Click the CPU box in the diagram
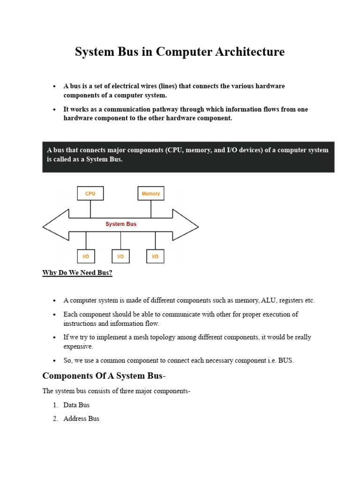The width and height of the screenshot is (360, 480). click(90, 194)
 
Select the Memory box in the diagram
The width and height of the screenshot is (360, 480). click(150, 194)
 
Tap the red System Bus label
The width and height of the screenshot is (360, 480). click(121, 224)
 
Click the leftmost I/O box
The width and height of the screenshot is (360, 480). click(86, 256)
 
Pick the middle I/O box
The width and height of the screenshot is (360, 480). click(120, 256)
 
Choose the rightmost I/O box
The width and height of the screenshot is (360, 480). click(155, 256)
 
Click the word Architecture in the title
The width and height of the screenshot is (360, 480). click(254, 52)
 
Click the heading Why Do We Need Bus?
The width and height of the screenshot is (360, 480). click(77, 273)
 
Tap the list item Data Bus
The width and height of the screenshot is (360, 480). click(76, 405)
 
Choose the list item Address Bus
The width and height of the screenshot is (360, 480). click(82, 419)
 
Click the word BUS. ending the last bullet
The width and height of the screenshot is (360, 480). click(286, 360)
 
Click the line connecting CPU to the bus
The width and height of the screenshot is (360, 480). click(90, 209)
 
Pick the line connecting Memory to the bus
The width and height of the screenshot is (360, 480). click(151, 209)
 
